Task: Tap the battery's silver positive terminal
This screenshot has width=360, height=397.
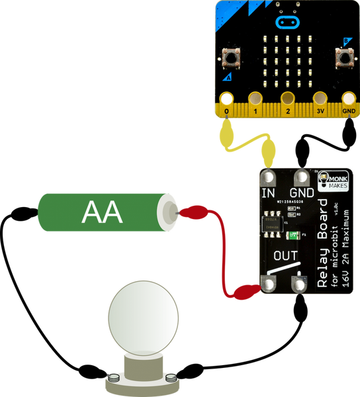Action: point(169,212)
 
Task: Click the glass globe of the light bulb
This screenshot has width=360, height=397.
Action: point(143,317)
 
